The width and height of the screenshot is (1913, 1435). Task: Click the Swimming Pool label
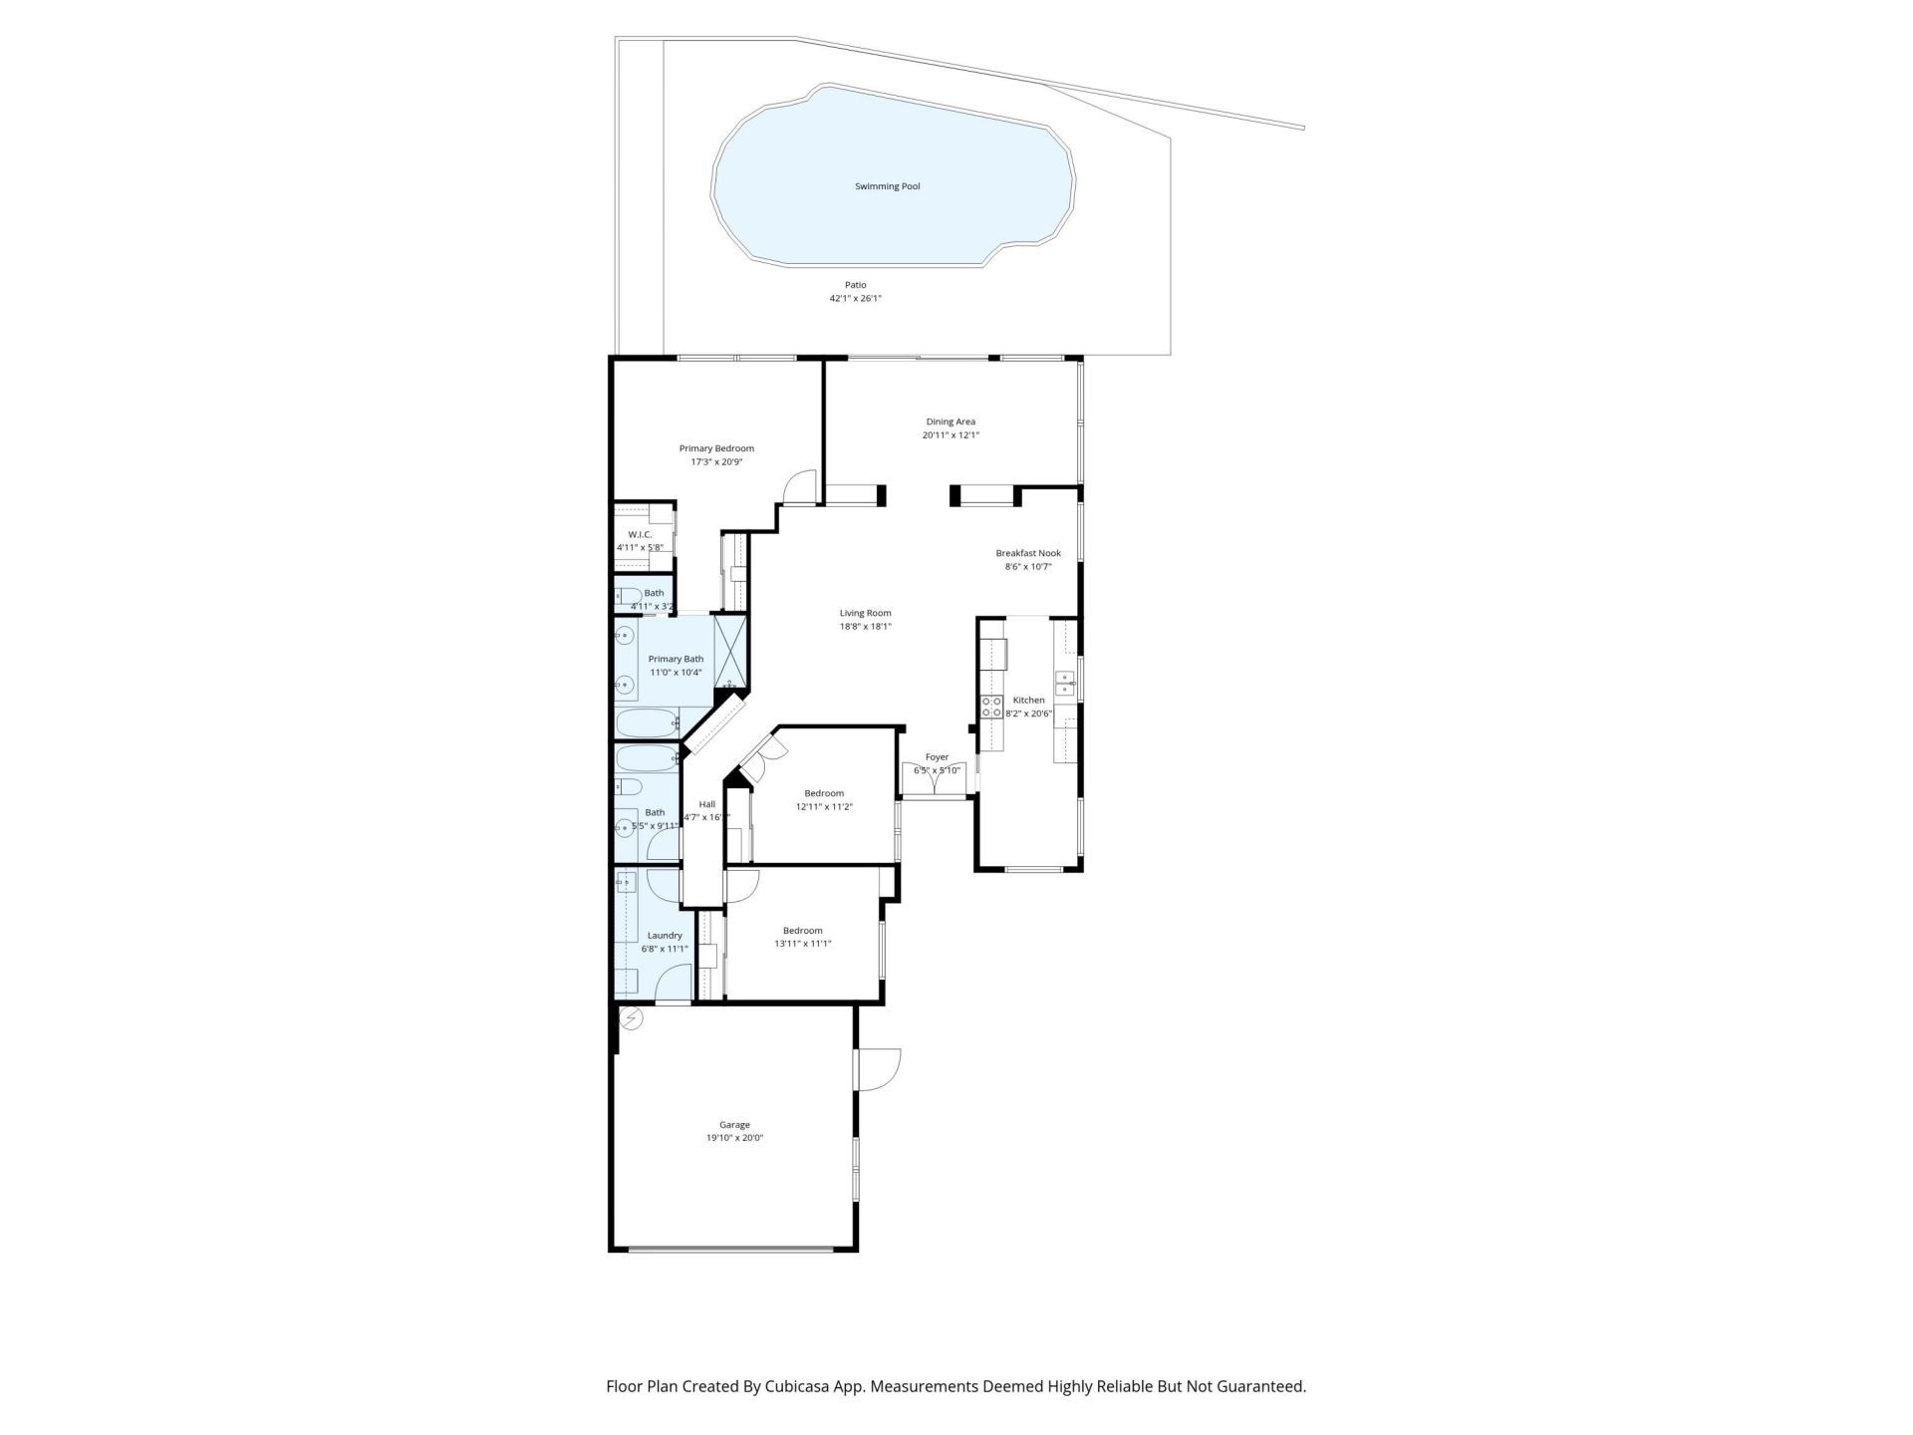point(887,186)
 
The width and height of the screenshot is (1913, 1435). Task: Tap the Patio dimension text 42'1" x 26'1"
point(855,298)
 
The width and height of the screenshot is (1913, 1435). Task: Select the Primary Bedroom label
point(716,448)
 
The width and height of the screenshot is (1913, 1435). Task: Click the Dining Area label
point(950,422)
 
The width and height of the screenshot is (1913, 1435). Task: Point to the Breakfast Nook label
point(1028,553)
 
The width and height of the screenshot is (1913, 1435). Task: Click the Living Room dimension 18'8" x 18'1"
point(864,627)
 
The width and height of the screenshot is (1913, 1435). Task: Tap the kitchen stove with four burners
point(992,707)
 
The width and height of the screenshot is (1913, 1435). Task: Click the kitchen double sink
point(1065,683)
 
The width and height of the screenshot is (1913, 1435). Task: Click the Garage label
point(734,1125)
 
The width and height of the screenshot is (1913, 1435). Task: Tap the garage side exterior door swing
point(879,1069)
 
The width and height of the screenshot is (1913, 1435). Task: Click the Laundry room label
point(665,935)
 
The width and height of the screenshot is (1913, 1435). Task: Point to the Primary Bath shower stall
point(730,648)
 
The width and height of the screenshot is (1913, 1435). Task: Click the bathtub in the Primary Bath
point(646,721)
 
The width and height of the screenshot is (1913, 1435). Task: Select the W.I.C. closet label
point(640,534)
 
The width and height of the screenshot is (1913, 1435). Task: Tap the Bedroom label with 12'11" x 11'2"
point(824,793)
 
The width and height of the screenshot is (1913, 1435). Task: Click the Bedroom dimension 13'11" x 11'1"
point(802,944)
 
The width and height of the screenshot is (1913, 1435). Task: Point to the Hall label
point(706,804)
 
